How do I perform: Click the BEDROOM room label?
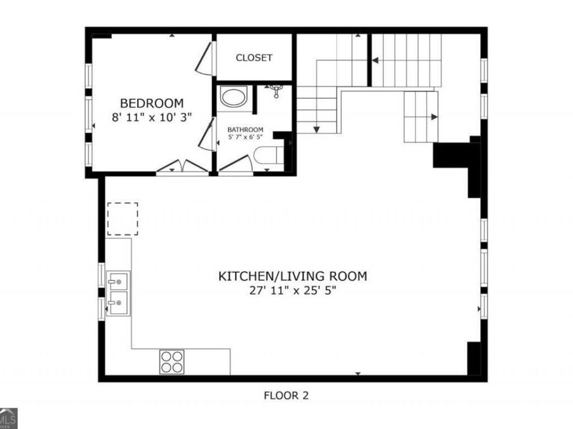point(152,103)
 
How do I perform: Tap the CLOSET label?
point(254,58)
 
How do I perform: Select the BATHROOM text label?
point(245,130)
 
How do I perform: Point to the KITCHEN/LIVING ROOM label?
point(292,276)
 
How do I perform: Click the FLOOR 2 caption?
point(286,395)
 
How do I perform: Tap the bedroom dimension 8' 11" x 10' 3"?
point(152,118)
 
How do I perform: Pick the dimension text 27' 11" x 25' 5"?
point(292,290)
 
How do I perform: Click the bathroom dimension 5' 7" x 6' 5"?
point(245,137)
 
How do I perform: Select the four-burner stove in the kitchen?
point(172,362)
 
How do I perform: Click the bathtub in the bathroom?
point(234,98)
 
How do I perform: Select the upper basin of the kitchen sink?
point(118,280)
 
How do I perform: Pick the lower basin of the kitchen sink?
point(118,303)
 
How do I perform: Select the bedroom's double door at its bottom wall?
point(182,167)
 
